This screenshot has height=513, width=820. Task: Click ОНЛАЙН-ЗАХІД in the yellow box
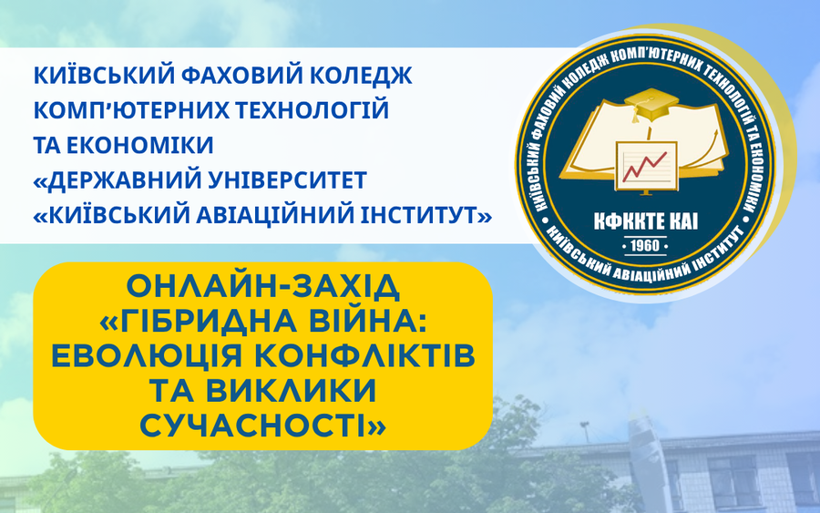point(263,286)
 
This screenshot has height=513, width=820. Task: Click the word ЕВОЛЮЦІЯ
point(147,355)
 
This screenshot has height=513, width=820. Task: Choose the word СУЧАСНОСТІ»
point(263,425)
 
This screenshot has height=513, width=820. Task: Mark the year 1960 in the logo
point(645,245)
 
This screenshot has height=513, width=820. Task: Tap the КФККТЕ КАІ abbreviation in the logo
point(645,222)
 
